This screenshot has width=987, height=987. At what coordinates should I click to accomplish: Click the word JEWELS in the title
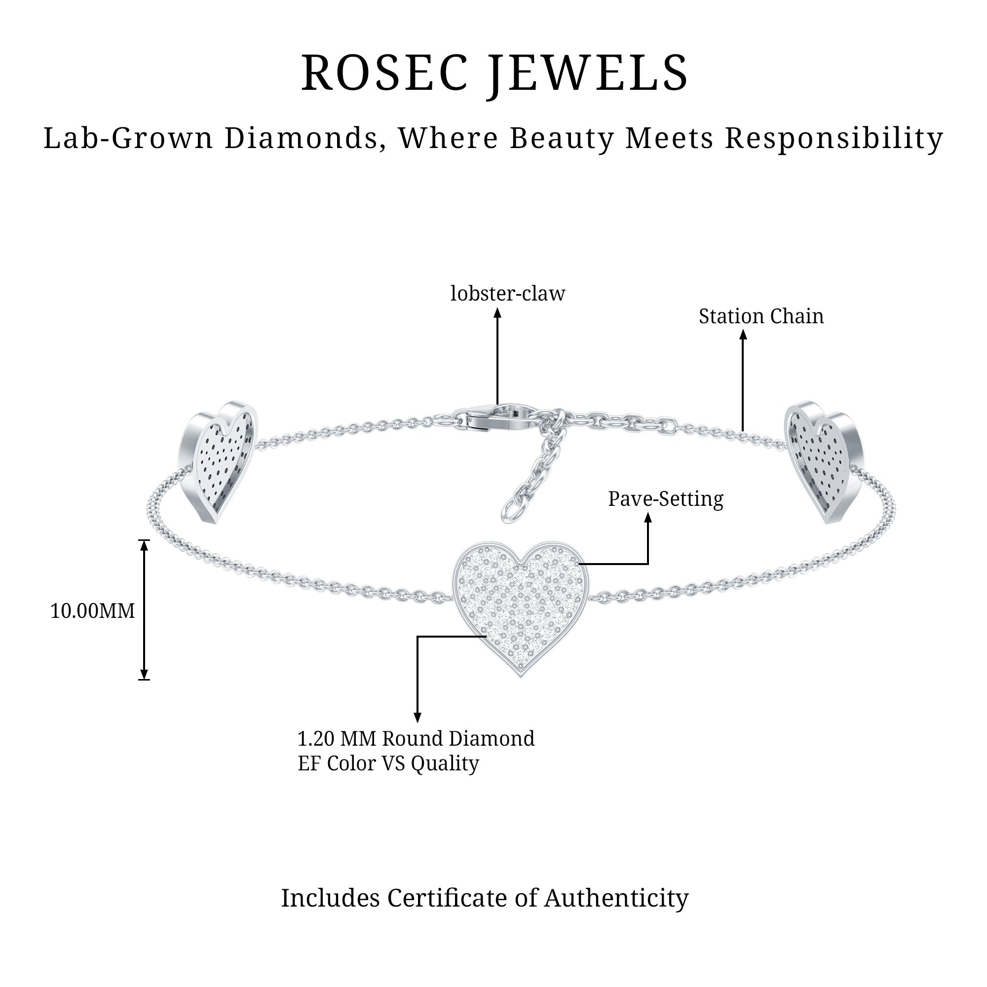pos(589,74)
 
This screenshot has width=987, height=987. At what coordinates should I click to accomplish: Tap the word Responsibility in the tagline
pos(834,138)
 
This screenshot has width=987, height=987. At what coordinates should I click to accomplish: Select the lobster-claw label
pos(507,294)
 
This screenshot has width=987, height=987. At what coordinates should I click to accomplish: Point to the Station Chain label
pos(760,316)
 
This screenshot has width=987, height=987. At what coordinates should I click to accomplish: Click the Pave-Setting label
pos(665,499)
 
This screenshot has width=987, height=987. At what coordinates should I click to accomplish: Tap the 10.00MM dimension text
pos(92,610)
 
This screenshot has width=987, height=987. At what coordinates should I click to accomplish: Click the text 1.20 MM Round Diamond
pos(416,739)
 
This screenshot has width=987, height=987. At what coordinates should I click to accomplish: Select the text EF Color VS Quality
pos(388,763)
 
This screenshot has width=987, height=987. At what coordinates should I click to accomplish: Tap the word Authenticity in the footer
pos(616,898)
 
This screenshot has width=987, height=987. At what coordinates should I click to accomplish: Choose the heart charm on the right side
pos(823,458)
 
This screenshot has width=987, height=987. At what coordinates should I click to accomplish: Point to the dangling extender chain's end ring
pos(511,511)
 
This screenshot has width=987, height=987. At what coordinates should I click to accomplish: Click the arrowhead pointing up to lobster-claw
pos(497,313)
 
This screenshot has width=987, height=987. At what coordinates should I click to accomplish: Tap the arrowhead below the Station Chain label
pos(743,335)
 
